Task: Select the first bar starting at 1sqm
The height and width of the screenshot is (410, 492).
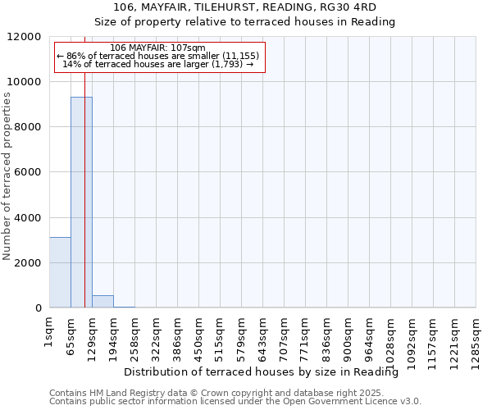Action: pyautogui.click(x=60, y=272)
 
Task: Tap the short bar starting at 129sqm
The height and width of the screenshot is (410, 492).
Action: pyautogui.click(x=102, y=302)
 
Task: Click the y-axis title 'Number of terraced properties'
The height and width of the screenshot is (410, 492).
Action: pyautogui.click(x=7, y=176)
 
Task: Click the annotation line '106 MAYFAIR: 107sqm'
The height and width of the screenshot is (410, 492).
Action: pyautogui.click(x=157, y=48)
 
